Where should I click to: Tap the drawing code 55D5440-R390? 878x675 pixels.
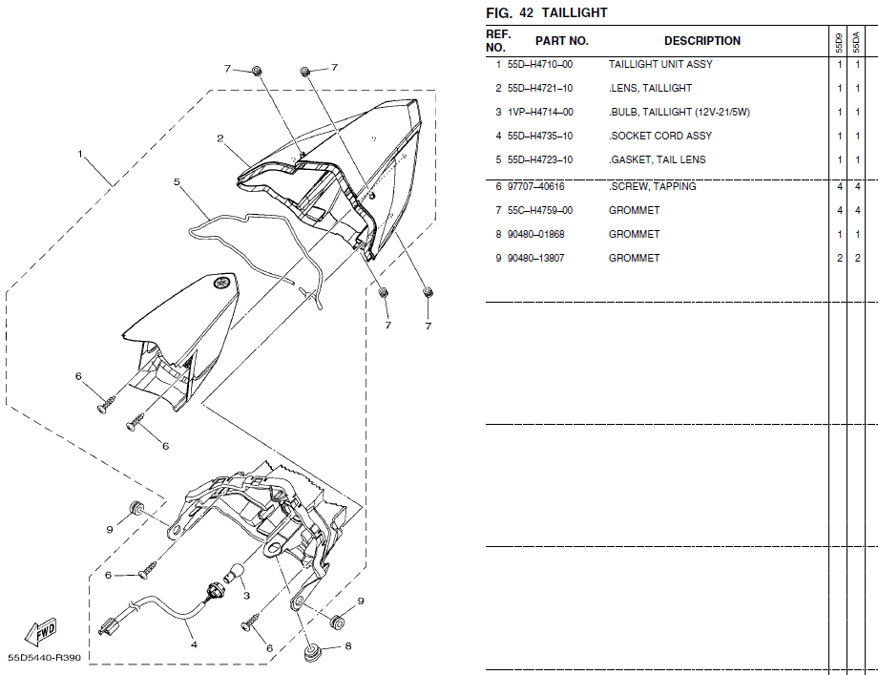[44, 658]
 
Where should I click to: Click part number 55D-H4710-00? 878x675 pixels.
[540, 64]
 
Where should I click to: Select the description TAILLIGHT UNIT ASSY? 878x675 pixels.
[660, 64]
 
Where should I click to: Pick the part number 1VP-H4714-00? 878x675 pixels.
[540, 112]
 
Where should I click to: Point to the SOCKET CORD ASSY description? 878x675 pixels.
[660, 137]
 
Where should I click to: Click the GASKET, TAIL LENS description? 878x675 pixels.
[658, 159]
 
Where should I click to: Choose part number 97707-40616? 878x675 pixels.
[536, 186]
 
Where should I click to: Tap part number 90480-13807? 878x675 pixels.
[536, 258]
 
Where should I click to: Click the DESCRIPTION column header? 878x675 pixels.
[702, 41]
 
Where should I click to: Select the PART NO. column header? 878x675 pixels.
[561, 41]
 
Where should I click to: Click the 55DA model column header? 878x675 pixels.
[856, 42]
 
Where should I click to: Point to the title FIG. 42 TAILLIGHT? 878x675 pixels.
[547, 12]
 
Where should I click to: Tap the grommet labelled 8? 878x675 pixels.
[311, 653]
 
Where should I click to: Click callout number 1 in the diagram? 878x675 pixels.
[80, 154]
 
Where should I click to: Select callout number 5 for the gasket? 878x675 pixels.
[177, 182]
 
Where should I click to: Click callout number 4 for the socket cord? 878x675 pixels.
[194, 644]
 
